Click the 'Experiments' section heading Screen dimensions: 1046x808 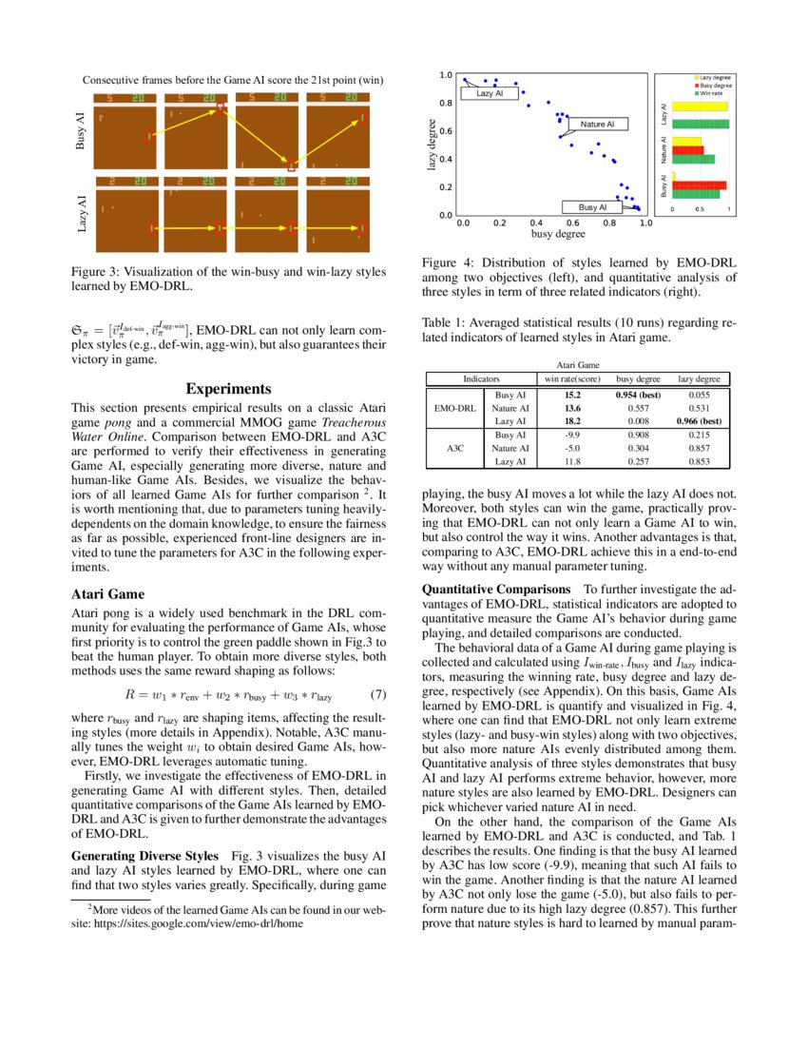(228, 389)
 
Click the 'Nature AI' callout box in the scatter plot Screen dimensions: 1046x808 (597, 124)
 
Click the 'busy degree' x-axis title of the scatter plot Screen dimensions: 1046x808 (557, 234)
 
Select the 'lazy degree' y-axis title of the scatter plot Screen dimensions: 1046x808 (432, 145)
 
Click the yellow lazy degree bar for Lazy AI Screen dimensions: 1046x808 (700, 107)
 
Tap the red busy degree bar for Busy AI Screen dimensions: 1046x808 (699, 185)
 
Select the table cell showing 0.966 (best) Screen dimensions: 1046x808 (699, 420)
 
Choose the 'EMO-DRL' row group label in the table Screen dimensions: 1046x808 (454, 407)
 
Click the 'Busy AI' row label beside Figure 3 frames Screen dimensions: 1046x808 (81, 130)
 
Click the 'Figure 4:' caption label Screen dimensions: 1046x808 (452, 262)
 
